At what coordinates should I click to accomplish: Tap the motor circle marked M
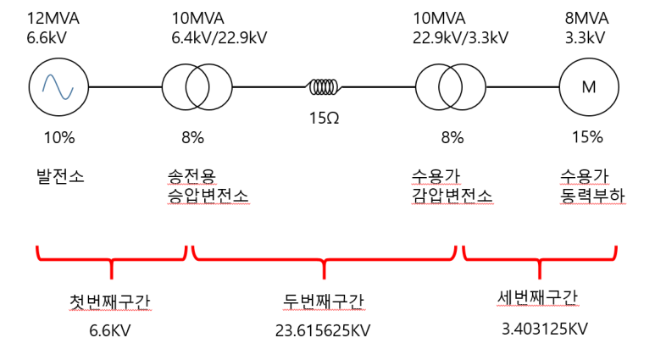point(587,86)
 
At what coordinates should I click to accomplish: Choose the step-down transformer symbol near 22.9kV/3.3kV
point(450,86)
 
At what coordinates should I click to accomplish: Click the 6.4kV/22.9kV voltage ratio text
point(219,37)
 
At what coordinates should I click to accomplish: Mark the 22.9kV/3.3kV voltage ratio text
point(460,37)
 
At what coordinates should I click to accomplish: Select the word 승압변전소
point(209,196)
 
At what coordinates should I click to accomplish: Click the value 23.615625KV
point(323,330)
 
